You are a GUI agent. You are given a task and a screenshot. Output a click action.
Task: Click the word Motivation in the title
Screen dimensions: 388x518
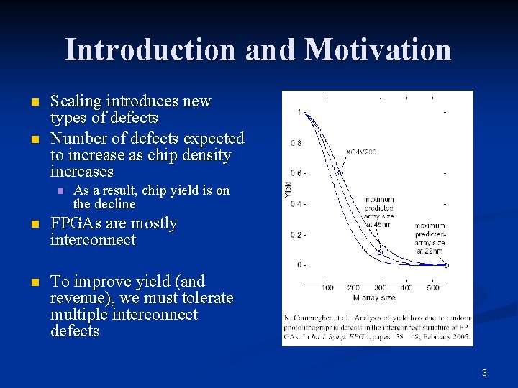click(378, 50)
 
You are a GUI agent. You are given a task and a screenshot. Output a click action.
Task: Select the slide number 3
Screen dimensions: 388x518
click(484, 372)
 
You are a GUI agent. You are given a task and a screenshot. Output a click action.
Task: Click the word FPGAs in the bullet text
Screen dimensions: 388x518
click(74, 223)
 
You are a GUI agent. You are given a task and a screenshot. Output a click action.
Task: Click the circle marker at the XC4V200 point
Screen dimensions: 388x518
click(340, 172)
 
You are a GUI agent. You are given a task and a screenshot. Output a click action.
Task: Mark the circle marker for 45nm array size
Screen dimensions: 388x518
click(379, 252)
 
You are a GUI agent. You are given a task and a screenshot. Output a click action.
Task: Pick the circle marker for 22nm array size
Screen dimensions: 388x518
click(445, 265)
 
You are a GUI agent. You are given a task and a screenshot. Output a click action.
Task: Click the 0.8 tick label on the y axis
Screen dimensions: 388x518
click(295, 143)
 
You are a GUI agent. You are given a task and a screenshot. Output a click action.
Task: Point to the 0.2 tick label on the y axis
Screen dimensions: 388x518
click(295, 234)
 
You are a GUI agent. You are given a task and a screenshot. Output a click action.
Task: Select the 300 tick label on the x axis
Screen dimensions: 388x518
click(380, 287)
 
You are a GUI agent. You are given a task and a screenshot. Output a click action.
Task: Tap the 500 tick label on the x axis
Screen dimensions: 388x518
click(432, 287)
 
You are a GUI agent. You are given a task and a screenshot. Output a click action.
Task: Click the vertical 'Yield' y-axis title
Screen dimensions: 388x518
click(287, 190)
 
